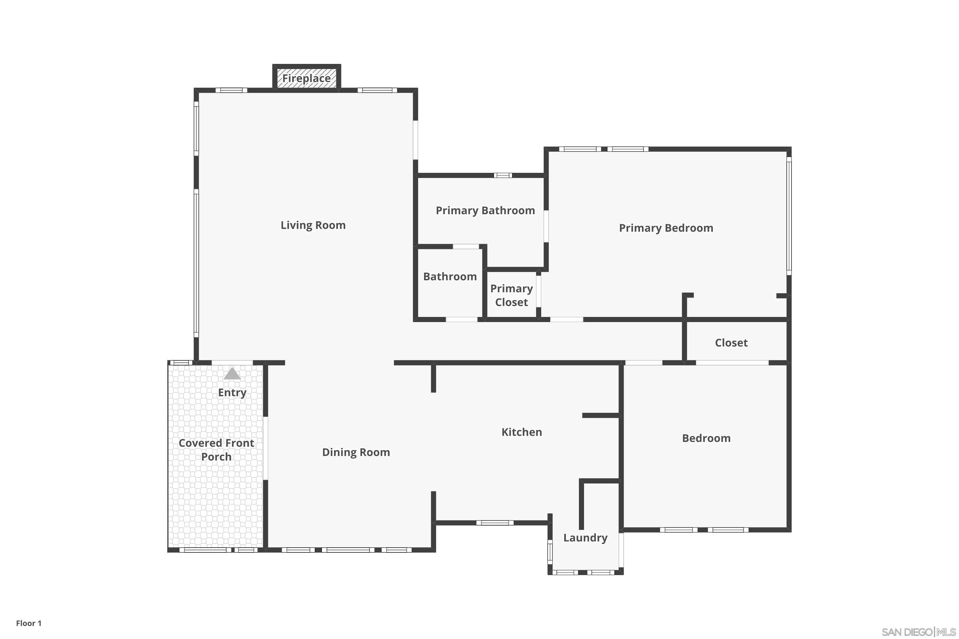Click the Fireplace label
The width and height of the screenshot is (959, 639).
(306, 78)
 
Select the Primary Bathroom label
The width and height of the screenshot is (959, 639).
(485, 210)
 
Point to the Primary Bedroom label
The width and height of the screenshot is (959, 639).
(666, 228)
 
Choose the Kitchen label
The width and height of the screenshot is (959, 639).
(521, 432)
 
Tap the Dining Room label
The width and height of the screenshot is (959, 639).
(356, 452)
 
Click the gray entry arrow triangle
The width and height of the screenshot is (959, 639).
(232, 374)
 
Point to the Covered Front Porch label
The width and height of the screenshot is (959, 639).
(216, 450)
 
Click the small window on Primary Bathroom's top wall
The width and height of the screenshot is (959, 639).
(503, 175)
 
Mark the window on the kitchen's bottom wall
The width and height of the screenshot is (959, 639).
(495, 523)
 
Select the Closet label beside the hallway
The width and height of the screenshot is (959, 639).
(731, 343)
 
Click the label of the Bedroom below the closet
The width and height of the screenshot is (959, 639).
(706, 438)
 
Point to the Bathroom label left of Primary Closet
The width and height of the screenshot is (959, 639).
(450, 276)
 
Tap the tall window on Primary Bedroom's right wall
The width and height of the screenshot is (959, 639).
(789, 216)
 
